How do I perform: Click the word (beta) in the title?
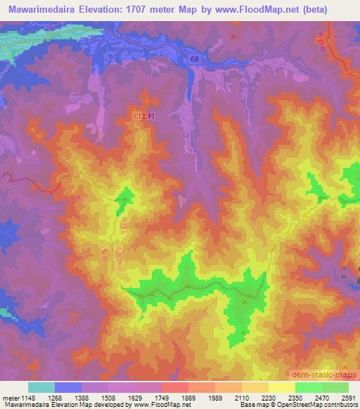point(334,10)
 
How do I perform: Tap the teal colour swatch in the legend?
point(41,387)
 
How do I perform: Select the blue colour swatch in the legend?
point(67,387)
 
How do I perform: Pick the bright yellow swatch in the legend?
point(281,387)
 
